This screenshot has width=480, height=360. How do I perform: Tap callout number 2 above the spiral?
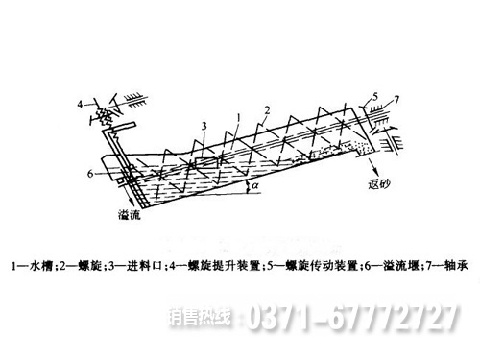point(269,108)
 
